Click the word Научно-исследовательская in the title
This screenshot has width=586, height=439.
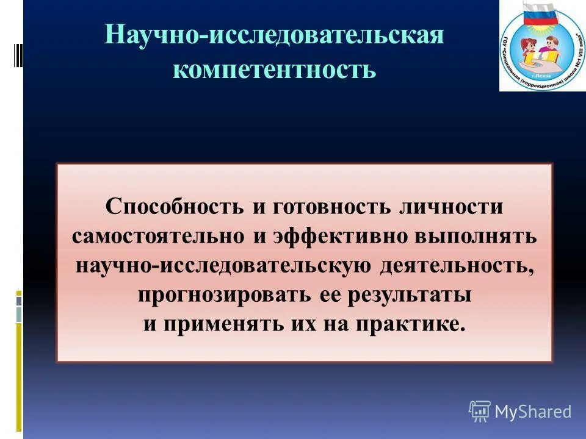[273, 35]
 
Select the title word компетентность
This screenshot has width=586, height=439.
[274, 69]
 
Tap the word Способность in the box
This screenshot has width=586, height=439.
[175, 206]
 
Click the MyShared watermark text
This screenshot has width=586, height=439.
[533, 412]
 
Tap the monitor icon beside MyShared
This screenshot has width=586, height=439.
[480, 411]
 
